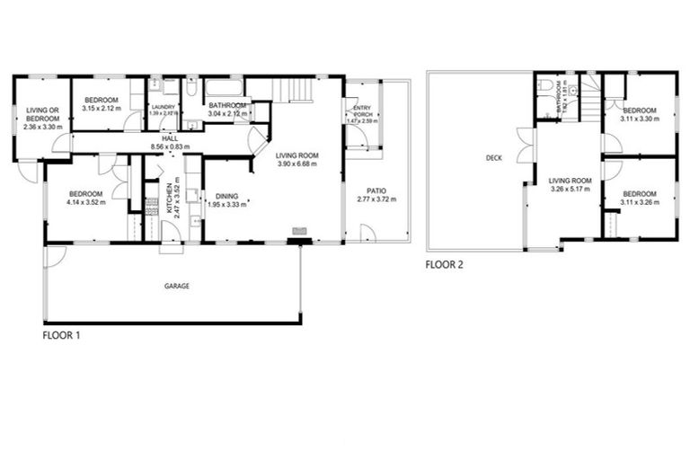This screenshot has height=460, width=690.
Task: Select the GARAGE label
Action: [x=176, y=286]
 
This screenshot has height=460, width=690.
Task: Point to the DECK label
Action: [x=493, y=158]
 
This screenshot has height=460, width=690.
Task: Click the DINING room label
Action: [x=226, y=197]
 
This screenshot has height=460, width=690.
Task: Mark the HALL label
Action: [x=170, y=137]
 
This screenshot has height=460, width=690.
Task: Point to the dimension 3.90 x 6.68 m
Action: [x=296, y=164]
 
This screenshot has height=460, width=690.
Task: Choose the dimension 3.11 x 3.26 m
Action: [x=640, y=202]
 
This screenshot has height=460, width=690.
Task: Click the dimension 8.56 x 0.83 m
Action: [x=170, y=146]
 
